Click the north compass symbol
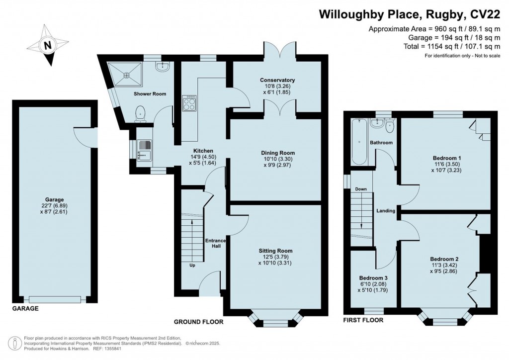point(48,45)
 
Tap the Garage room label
point(55,199)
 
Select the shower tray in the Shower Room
point(125,75)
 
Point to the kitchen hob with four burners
point(189,103)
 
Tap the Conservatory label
point(277,80)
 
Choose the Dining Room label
point(278,153)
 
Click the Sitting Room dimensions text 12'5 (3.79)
point(275,257)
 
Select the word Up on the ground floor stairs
point(192,265)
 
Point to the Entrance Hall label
point(216,243)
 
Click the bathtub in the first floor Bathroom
point(359,142)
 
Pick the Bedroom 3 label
point(373,278)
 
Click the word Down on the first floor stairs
point(361,189)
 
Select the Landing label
point(386,211)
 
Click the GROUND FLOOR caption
point(199,322)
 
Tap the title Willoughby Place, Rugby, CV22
point(410,14)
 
